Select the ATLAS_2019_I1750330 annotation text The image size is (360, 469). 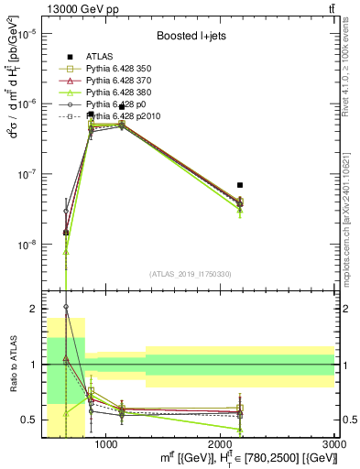190,275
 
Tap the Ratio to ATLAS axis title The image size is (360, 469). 12,365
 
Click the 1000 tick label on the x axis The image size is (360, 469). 107,444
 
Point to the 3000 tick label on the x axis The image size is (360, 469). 335,444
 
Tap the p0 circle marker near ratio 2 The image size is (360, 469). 66,307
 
